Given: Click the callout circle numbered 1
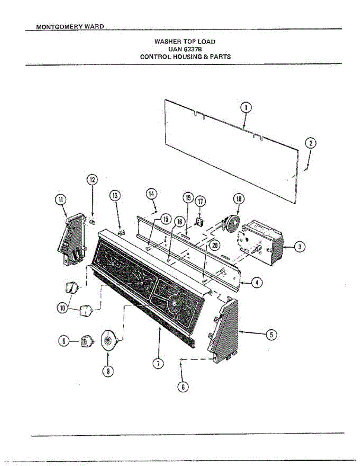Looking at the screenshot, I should click(246, 107).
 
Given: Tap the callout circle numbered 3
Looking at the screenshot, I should click(299, 247).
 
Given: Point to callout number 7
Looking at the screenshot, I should click(157, 363).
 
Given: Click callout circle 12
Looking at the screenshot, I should click(92, 180).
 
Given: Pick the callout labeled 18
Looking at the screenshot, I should click(238, 199).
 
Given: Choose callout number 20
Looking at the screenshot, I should click(214, 245).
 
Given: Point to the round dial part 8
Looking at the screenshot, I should click(109, 341).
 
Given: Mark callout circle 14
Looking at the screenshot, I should click(152, 193).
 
